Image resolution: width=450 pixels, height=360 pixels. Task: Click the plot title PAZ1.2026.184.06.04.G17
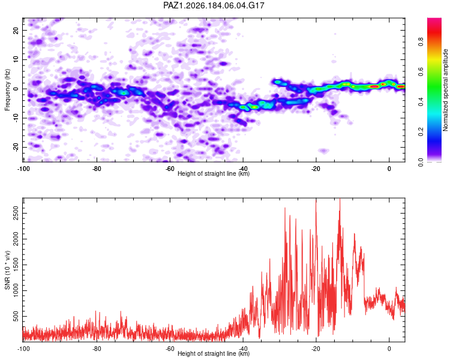click(x=214, y=5)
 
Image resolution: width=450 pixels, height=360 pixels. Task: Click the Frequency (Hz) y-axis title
click(x=7, y=90)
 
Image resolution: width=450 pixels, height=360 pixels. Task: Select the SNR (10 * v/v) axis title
click(x=7, y=270)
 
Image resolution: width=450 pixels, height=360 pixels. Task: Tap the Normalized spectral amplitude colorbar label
click(x=445, y=90)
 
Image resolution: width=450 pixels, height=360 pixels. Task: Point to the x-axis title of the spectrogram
click(x=214, y=173)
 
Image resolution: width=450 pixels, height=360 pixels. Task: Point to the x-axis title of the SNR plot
click(x=214, y=353)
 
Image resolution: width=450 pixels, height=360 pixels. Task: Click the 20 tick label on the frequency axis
click(x=16, y=30)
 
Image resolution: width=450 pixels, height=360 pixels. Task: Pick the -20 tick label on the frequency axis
click(x=16, y=147)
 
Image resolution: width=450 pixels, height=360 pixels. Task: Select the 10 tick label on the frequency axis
click(x=16, y=59)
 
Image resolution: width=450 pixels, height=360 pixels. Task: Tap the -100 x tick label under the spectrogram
click(x=23, y=169)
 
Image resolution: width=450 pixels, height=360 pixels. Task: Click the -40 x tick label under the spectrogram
click(x=243, y=169)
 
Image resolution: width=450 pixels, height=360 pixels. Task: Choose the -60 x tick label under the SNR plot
click(x=170, y=349)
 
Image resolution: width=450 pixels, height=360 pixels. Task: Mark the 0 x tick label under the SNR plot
click(x=389, y=349)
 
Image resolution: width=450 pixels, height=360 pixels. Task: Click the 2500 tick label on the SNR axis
click(x=16, y=214)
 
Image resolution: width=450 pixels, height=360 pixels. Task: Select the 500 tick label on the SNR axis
click(x=16, y=316)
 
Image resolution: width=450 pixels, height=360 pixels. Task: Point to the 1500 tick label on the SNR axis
click(x=16, y=265)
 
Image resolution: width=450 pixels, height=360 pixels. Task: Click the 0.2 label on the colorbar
click(x=421, y=132)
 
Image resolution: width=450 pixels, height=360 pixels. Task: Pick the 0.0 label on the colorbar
click(x=421, y=162)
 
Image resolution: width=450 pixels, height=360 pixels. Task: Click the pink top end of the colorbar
click(x=434, y=20)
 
